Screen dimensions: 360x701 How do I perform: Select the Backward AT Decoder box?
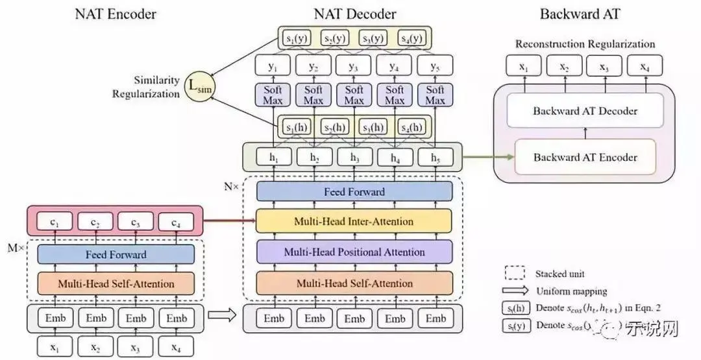[x=585, y=110]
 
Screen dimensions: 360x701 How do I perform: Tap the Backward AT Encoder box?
[x=585, y=157]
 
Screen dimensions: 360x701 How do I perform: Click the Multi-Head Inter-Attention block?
[x=354, y=221]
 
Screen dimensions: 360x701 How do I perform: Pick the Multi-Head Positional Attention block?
[x=354, y=252]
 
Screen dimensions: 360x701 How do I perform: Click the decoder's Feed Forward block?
[x=354, y=191]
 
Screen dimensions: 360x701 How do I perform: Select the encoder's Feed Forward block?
[x=116, y=254]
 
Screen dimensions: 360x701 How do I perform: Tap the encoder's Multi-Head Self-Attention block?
[x=116, y=283]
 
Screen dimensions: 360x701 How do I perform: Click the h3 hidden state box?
[x=354, y=157]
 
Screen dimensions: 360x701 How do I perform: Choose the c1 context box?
[x=56, y=222]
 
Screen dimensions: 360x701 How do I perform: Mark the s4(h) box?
[x=414, y=126]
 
